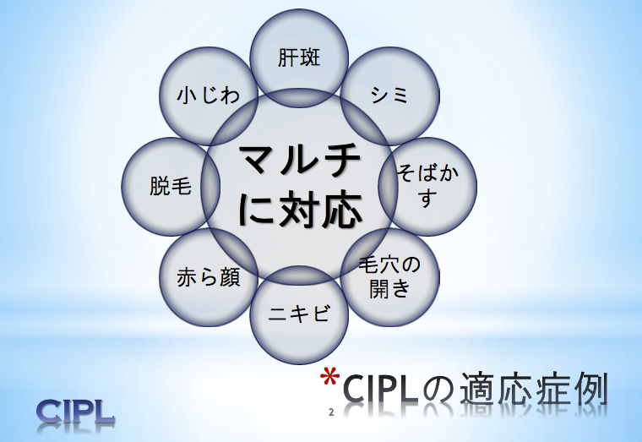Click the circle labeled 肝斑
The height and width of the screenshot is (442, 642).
click(300, 57)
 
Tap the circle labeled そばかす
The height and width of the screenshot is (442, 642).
click(427, 187)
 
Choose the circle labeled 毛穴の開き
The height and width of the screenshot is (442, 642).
click(389, 276)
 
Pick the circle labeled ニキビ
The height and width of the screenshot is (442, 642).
click(299, 314)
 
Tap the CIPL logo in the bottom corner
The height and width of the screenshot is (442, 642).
click(76, 411)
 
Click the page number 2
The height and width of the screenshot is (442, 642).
click(331, 413)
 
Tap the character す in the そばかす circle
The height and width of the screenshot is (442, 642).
click(427, 200)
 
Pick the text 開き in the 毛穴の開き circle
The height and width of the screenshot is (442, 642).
click(389, 289)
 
